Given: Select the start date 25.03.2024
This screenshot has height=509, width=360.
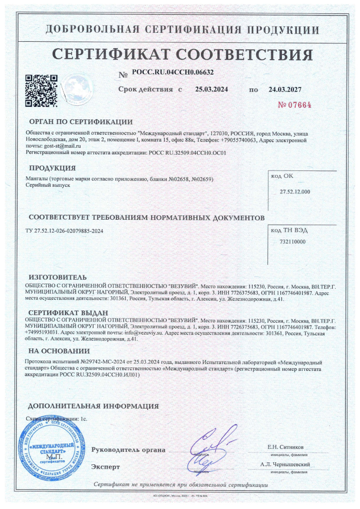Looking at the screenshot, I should click(211, 90).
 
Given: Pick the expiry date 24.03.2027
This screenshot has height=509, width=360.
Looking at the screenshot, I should click(285, 90).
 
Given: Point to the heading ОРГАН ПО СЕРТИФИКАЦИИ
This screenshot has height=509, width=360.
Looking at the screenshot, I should click(81, 122).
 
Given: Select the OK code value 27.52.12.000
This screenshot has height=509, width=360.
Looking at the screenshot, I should click(295, 191).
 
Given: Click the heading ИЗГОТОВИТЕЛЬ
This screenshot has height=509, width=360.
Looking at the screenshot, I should click(58, 277).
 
